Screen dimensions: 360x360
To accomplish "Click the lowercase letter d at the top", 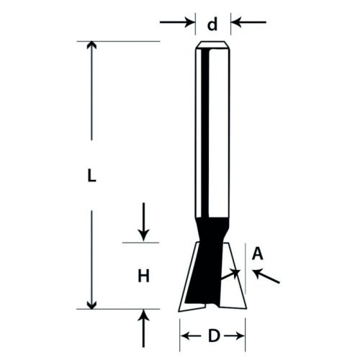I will [212, 25].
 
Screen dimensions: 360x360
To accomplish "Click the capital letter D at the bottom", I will [213, 336].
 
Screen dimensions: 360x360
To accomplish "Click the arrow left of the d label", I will [179, 23].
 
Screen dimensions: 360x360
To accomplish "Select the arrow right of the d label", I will [248, 23].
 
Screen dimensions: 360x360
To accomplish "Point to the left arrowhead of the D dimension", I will [185, 336].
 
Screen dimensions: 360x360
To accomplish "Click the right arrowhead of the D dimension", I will [241, 336].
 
